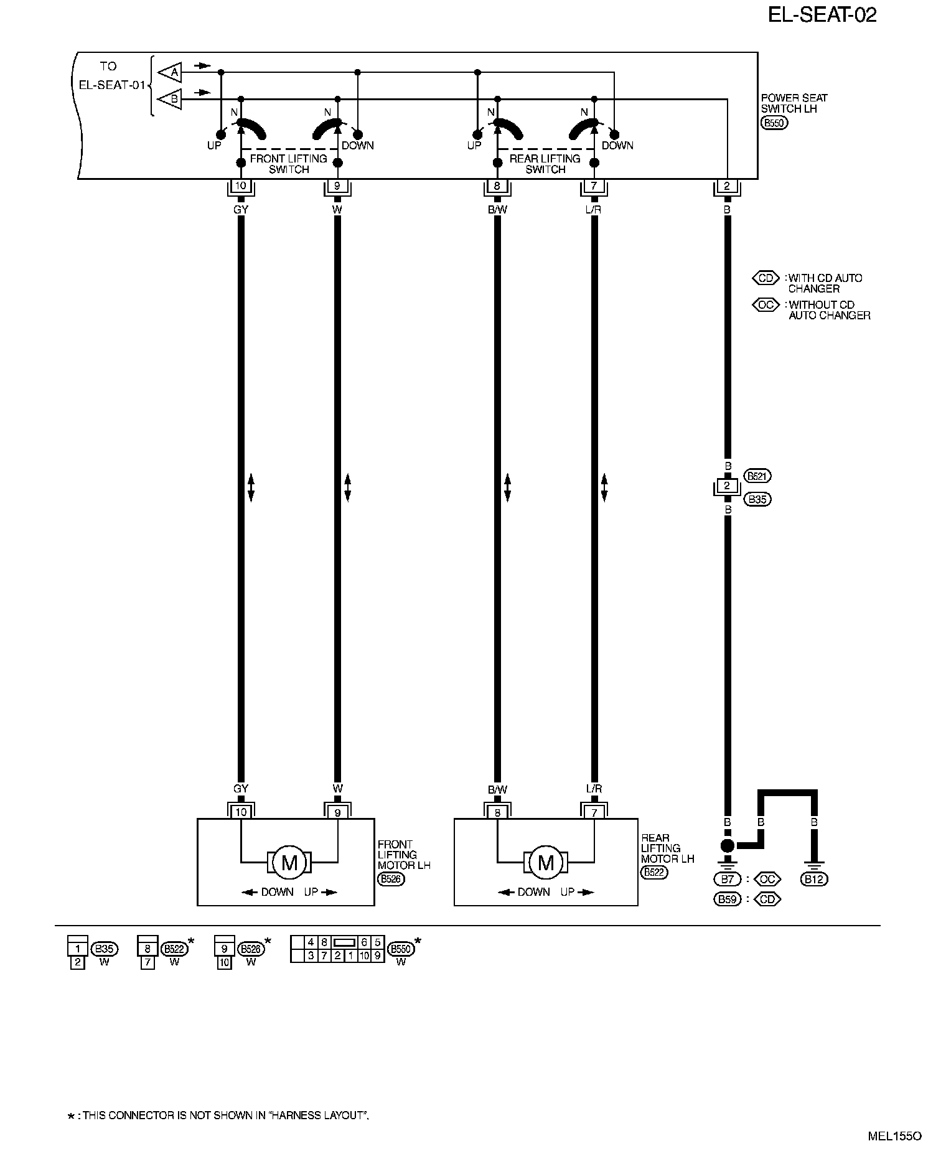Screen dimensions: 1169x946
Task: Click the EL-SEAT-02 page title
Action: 822,15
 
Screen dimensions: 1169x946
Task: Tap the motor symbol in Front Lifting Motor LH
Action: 289,862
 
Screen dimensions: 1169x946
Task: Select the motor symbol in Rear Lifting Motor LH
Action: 546,862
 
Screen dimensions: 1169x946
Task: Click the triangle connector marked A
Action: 170,73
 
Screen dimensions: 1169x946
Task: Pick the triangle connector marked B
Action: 170,99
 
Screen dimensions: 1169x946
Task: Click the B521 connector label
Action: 757,476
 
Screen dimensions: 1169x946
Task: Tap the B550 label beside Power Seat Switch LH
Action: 774,123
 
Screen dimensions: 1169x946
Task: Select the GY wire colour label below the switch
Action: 241,210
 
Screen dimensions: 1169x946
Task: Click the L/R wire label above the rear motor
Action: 594,789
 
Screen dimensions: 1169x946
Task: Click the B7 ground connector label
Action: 726,880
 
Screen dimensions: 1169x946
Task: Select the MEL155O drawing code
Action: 894,1136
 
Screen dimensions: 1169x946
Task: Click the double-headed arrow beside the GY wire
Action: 251,487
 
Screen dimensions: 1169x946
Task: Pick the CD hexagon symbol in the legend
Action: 766,278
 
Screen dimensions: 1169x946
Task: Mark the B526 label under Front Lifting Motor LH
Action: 390,879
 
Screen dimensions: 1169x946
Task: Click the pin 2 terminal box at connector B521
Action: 727,486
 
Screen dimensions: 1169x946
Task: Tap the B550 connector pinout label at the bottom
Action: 400,950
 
